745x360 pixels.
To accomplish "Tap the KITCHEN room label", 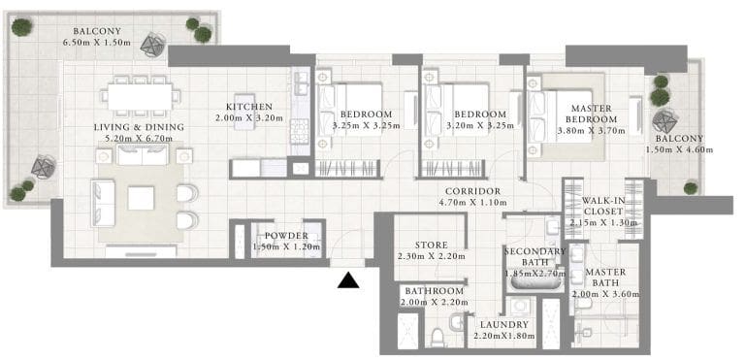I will [248, 107].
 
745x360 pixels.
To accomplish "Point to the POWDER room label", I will [286, 236].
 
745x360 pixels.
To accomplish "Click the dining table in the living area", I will [141, 97].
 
